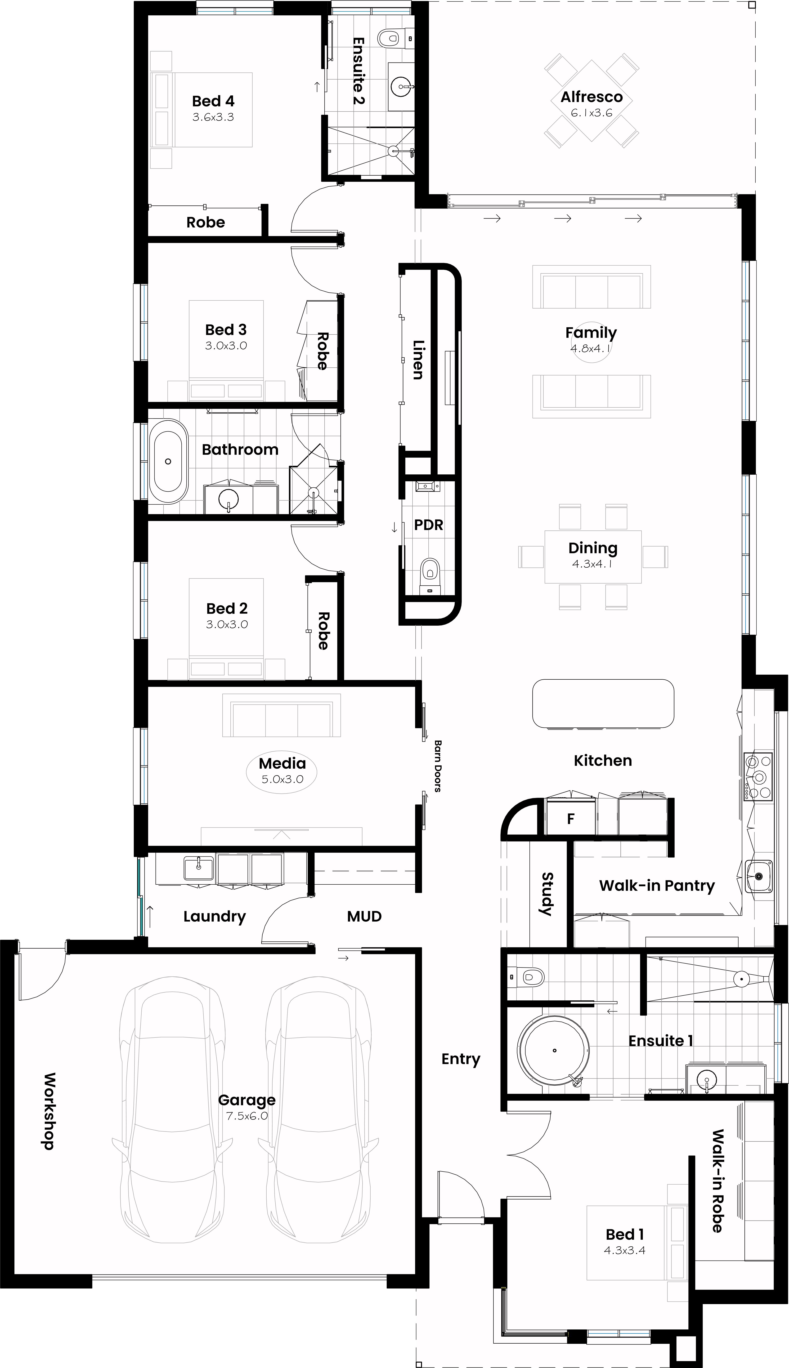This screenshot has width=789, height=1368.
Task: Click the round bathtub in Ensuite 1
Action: click(554, 1051)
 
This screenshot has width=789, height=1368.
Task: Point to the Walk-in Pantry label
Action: click(657, 886)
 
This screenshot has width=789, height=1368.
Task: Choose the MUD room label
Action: click(364, 916)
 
